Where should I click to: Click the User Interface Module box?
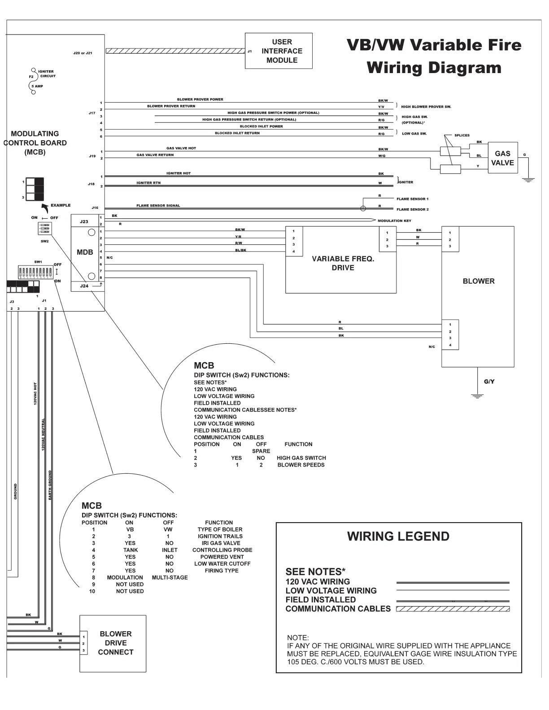tap(279, 51)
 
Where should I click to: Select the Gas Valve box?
tap(502, 158)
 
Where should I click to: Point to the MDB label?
tap(85, 252)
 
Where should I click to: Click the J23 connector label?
tap(84, 221)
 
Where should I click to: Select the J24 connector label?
tap(84, 286)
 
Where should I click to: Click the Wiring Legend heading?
tap(398, 537)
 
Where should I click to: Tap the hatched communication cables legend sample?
tap(453, 609)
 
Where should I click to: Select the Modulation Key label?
tap(394, 221)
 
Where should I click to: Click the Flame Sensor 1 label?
tap(412, 199)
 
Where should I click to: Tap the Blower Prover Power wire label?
tap(200, 100)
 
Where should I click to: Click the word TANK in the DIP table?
tap(131, 550)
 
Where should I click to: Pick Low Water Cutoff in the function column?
tap(222, 563)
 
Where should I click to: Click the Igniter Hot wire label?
tap(179, 173)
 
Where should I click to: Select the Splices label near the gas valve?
tap(462, 135)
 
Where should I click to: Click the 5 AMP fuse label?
tap(37, 86)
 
